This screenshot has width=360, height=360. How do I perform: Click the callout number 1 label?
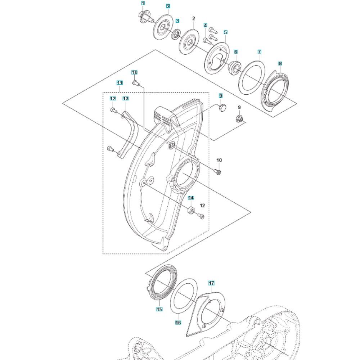pyautogui.click(x=143, y=4)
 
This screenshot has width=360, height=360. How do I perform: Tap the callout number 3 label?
pyautogui.click(x=177, y=21)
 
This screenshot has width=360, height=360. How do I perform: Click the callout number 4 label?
pyautogui.click(x=206, y=25)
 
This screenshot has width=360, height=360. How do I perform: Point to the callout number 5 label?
pyautogui.click(x=225, y=32)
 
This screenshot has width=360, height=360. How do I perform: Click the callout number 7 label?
pyautogui.click(x=259, y=52)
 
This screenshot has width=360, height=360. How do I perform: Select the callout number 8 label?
pyautogui.click(x=280, y=63)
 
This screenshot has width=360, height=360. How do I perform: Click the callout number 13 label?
pyautogui.click(x=125, y=98)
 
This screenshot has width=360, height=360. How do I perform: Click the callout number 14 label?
pyautogui.click(x=191, y=198)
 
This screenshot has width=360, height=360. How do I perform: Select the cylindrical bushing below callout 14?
pyautogui.click(x=191, y=210)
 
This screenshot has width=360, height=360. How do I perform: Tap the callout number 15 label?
pyautogui.click(x=159, y=309)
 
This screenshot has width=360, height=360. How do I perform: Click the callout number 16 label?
pyautogui.click(x=178, y=323)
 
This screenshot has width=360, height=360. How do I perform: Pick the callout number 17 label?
pyautogui.click(x=211, y=283)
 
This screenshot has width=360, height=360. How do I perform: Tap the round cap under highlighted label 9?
pyautogui.click(x=222, y=108)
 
